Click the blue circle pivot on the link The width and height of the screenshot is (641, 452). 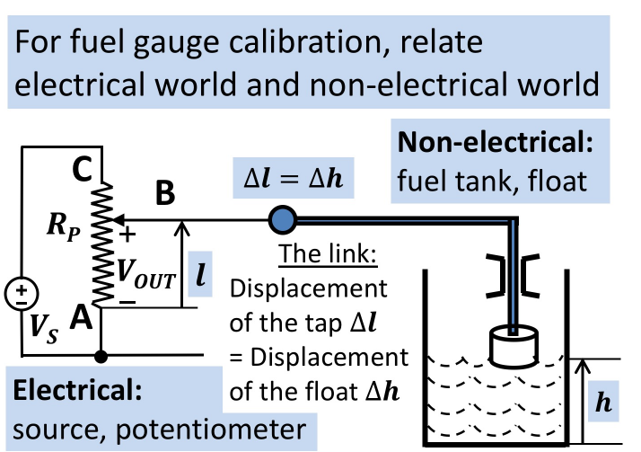[282, 218]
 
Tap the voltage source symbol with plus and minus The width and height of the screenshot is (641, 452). [20, 294]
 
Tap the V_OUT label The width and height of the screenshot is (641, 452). [150, 273]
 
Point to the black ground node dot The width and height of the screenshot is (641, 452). [101, 356]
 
